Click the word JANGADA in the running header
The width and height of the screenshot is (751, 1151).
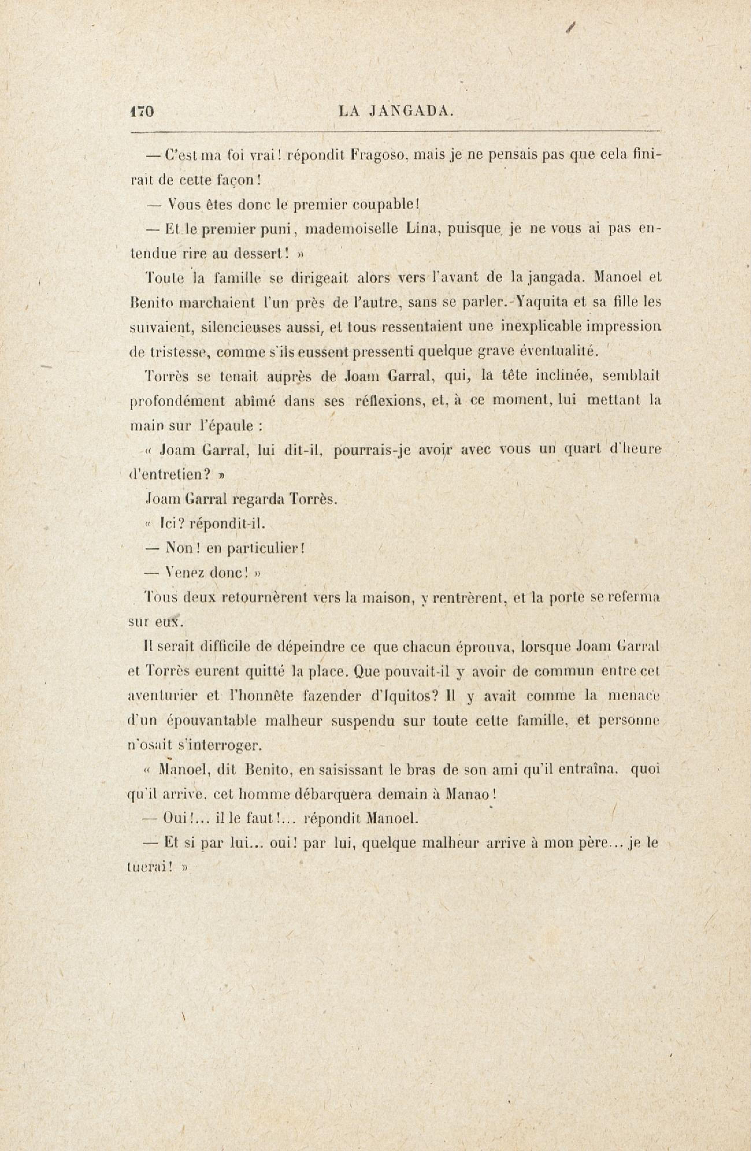coord(411,112)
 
